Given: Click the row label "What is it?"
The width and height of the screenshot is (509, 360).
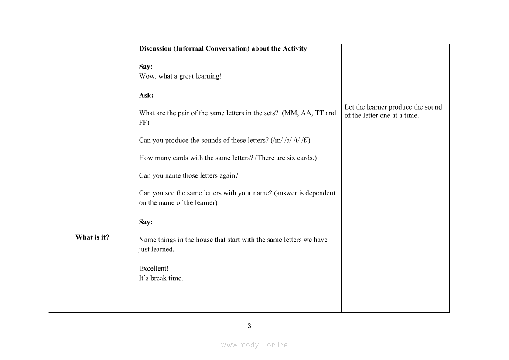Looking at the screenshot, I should pyautogui.click(x=92, y=237).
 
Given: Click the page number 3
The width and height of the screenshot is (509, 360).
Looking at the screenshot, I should pyautogui.click(x=249, y=326).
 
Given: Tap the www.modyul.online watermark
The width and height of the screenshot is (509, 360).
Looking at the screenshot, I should pyautogui.click(x=254, y=345).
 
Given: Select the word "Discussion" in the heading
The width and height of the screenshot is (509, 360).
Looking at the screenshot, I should pyautogui.click(x=155, y=49).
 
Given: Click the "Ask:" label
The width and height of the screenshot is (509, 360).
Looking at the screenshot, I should pyautogui.click(x=146, y=95).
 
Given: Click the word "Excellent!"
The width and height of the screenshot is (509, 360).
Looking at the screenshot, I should pyautogui.click(x=154, y=268).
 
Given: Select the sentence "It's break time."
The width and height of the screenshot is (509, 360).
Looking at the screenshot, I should pyautogui.click(x=161, y=278).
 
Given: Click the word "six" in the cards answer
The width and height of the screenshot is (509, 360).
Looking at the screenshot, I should pyautogui.click(x=291, y=158).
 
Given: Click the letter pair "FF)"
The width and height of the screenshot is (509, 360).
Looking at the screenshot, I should pyautogui.click(x=144, y=123).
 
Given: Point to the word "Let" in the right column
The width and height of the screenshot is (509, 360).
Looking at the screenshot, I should pyautogui.click(x=349, y=107).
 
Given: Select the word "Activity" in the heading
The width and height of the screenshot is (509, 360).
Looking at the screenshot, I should pyautogui.click(x=294, y=49).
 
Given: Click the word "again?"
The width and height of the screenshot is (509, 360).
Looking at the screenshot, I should pyautogui.click(x=228, y=175).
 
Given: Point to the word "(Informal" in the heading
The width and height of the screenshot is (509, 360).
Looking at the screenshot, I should pyautogui.click(x=189, y=49).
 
